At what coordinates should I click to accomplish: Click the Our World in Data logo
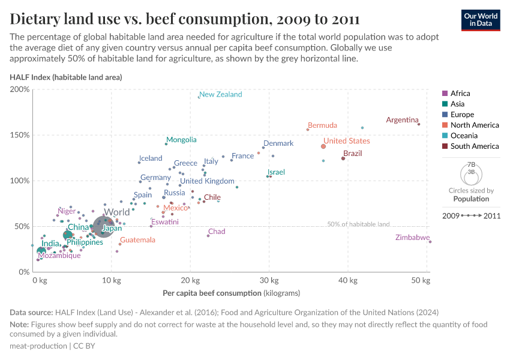coord(481,19)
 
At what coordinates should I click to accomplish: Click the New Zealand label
coord(220,94)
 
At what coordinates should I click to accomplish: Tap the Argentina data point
coord(419,124)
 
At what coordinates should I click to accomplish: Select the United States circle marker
coord(323,146)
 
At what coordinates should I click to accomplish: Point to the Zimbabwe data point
coord(430,242)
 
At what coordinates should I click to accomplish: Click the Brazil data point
coord(343,158)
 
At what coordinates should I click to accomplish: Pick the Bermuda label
coord(322,125)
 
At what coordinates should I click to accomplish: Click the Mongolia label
coord(181,140)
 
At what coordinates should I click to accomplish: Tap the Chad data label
coord(217,232)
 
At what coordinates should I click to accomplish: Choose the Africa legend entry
coord(460,94)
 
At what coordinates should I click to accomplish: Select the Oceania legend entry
coord(464,136)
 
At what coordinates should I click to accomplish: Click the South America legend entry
coord(474,146)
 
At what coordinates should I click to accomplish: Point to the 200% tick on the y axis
coord(20,89)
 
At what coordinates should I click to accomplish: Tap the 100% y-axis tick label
coord(20,181)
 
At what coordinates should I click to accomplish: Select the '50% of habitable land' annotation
coord(358,224)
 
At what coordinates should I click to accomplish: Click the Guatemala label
coord(137,240)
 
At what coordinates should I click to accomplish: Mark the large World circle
coord(104,226)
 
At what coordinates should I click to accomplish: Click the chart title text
coord(185,19)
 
